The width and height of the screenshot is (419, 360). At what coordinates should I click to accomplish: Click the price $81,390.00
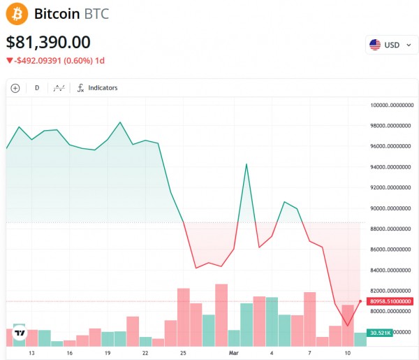tap(48, 42)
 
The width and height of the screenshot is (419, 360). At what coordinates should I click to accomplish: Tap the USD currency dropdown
tap(392, 45)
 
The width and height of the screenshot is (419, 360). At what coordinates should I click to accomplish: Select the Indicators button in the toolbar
tap(97, 88)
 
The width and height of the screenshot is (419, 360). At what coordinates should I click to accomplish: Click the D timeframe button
tap(37, 88)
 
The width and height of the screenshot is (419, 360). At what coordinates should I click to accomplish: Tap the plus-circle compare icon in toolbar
tap(15, 88)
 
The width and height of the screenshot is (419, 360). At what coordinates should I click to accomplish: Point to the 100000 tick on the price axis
tap(392, 106)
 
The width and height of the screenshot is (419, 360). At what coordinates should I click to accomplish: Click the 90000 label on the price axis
tap(392, 208)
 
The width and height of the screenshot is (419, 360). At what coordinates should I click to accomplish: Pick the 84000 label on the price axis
tap(392, 271)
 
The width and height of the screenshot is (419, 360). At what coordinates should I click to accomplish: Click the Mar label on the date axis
tap(235, 354)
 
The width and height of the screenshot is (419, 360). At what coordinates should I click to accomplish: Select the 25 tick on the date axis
tap(184, 354)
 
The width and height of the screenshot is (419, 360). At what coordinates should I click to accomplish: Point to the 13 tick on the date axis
tap(31, 354)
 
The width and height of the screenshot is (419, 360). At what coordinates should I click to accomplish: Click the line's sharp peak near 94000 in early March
tap(247, 164)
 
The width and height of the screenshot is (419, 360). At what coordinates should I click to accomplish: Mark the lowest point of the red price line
tap(348, 326)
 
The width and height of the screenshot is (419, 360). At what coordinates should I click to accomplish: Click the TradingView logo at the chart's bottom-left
tap(20, 333)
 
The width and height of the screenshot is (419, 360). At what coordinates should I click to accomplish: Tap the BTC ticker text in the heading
tap(96, 14)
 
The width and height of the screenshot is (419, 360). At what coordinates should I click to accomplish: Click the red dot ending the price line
tap(360, 301)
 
